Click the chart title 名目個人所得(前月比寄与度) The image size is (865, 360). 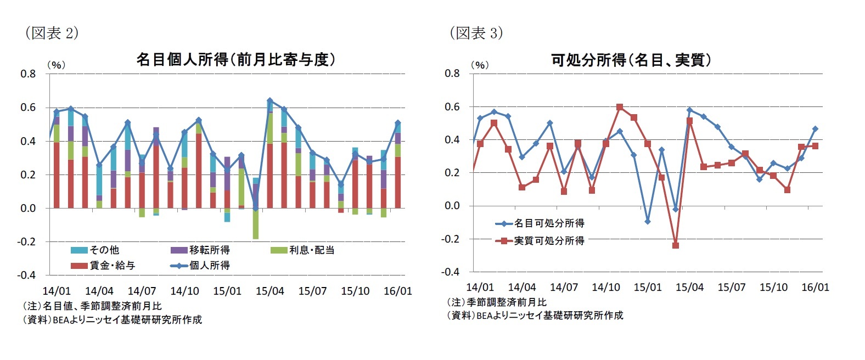click(x=235, y=59)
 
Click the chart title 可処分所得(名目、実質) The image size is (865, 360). click(x=631, y=60)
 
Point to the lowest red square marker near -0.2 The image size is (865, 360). click(x=676, y=245)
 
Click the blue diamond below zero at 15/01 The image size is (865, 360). click(x=648, y=222)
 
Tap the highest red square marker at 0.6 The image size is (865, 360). click(x=620, y=107)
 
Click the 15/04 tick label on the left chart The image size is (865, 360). click(x=269, y=291)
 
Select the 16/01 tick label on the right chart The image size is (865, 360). click(x=815, y=287)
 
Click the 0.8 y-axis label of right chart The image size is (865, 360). click(x=452, y=73)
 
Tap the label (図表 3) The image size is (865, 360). click(x=476, y=33)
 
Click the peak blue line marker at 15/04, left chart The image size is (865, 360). click(x=269, y=101)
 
